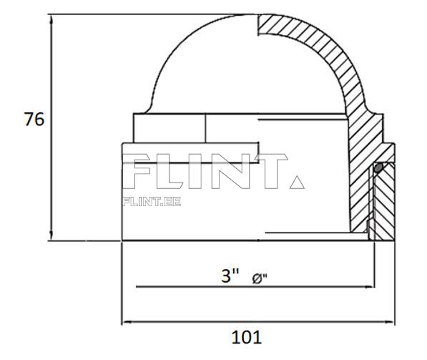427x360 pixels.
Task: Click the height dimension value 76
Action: [34, 120]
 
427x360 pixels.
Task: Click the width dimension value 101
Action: [246, 336]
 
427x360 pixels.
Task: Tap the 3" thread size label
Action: [230, 276]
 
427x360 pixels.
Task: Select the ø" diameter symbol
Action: [260, 278]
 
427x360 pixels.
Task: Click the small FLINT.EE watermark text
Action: [152, 201]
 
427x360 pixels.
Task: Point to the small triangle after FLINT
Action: [297, 183]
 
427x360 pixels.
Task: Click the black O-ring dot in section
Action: [378, 167]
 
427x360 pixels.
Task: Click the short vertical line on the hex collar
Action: [206, 129]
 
